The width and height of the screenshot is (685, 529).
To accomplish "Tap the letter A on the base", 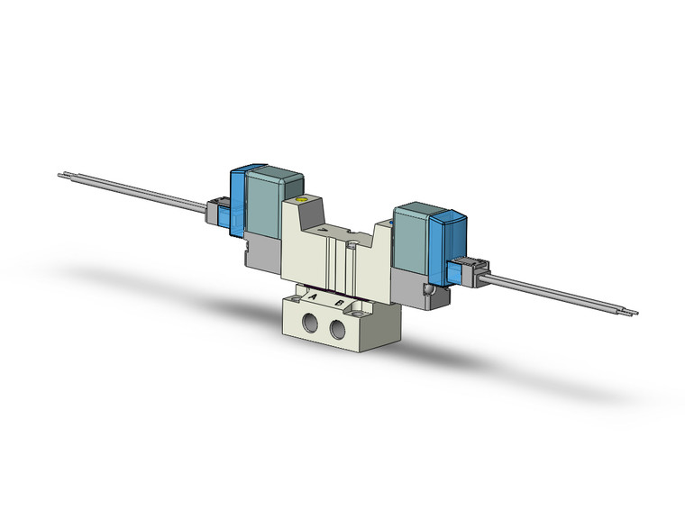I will point(313,296).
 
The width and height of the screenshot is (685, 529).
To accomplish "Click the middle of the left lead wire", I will point(135,190).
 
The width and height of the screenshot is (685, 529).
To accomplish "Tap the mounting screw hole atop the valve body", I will point(354,242).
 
